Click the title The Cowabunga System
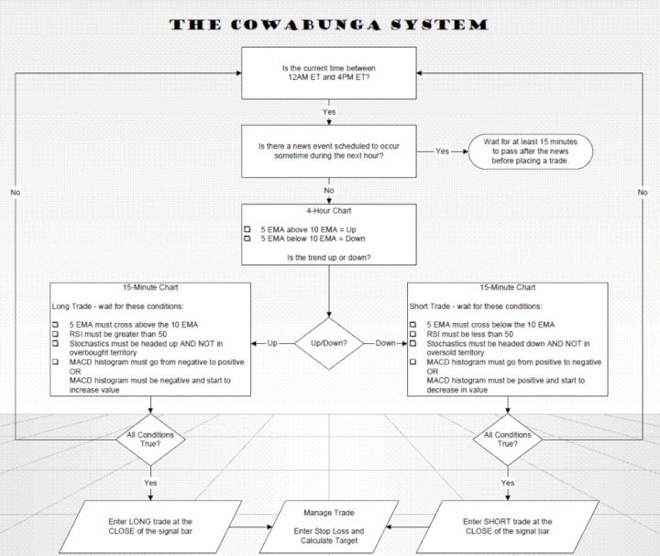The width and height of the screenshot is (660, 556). pos(329,25)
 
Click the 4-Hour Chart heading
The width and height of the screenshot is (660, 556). pos(329,211)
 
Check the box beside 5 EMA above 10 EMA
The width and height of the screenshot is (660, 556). pos(247,229)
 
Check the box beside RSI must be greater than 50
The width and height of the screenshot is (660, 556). pos(55,334)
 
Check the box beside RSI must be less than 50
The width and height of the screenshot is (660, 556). pos(412,334)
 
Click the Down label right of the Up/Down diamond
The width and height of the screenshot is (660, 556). pos(385,343)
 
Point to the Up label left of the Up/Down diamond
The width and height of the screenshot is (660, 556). pos(272,343)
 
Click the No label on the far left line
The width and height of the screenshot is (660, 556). pos(16,192)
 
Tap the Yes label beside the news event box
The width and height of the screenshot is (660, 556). pos(442,151)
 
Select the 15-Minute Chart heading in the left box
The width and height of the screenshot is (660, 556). pos(150,287)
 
